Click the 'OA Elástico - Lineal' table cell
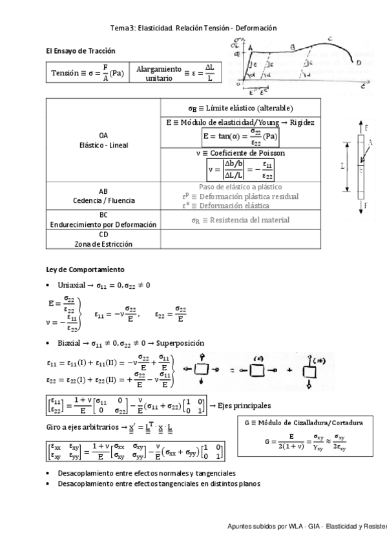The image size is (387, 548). click(x=103, y=140)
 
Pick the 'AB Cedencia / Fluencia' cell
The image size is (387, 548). click(x=103, y=196)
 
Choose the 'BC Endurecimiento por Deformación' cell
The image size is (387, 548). click(x=103, y=220)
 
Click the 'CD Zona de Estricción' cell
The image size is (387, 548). click(x=103, y=240)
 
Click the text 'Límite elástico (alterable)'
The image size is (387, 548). click(x=240, y=107)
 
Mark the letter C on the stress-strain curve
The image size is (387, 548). click(x=330, y=40)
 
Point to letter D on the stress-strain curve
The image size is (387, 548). click(x=359, y=63)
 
